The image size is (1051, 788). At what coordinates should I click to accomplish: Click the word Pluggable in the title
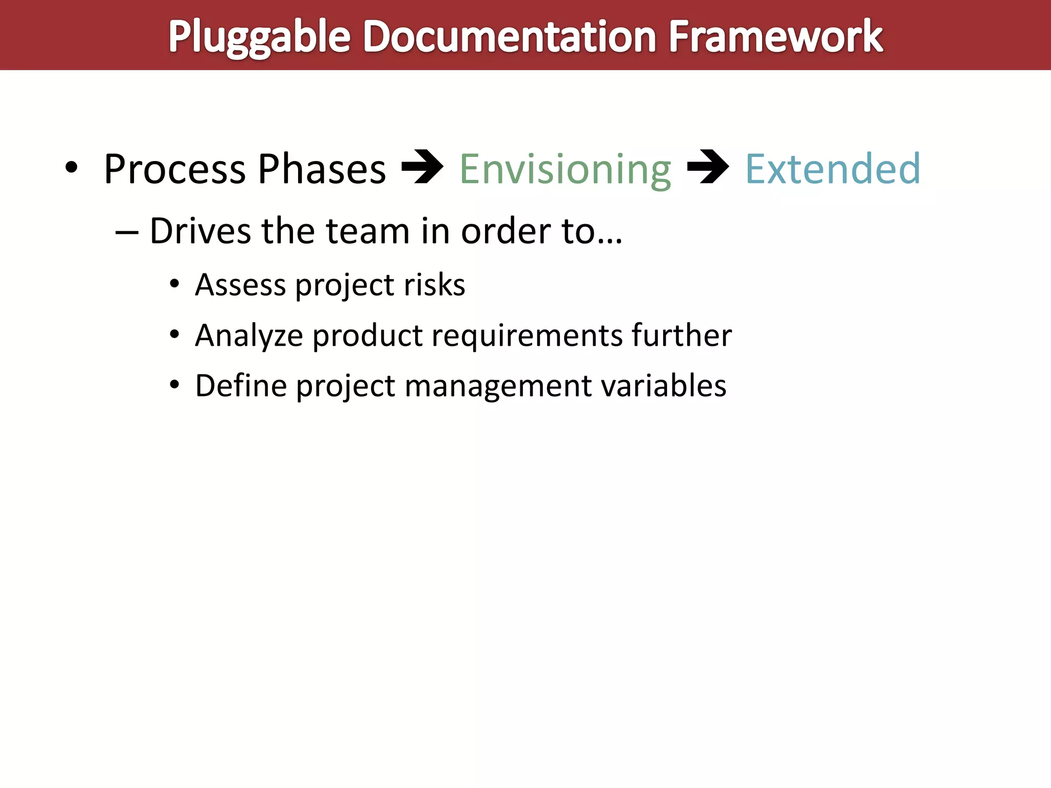[259, 37]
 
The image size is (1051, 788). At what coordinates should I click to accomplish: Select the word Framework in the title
[775, 37]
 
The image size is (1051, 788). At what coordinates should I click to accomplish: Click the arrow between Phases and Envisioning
[422, 167]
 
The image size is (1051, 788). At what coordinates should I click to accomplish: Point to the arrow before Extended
[708, 167]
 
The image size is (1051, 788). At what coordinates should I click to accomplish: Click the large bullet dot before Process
[71, 167]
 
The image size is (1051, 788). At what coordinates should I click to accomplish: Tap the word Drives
[200, 231]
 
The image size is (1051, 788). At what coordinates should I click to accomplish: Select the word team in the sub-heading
[367, 231]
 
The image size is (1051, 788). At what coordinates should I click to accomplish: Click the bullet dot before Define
[174, 384]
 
